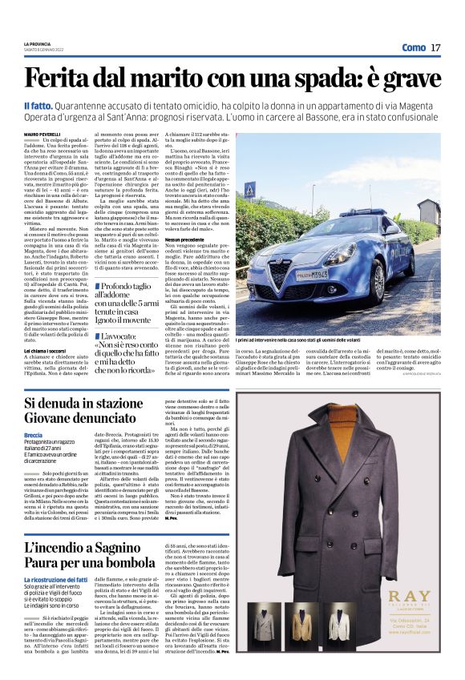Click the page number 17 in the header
(435, 47)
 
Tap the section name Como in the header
(413, 47)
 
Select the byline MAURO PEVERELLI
(42, 133)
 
